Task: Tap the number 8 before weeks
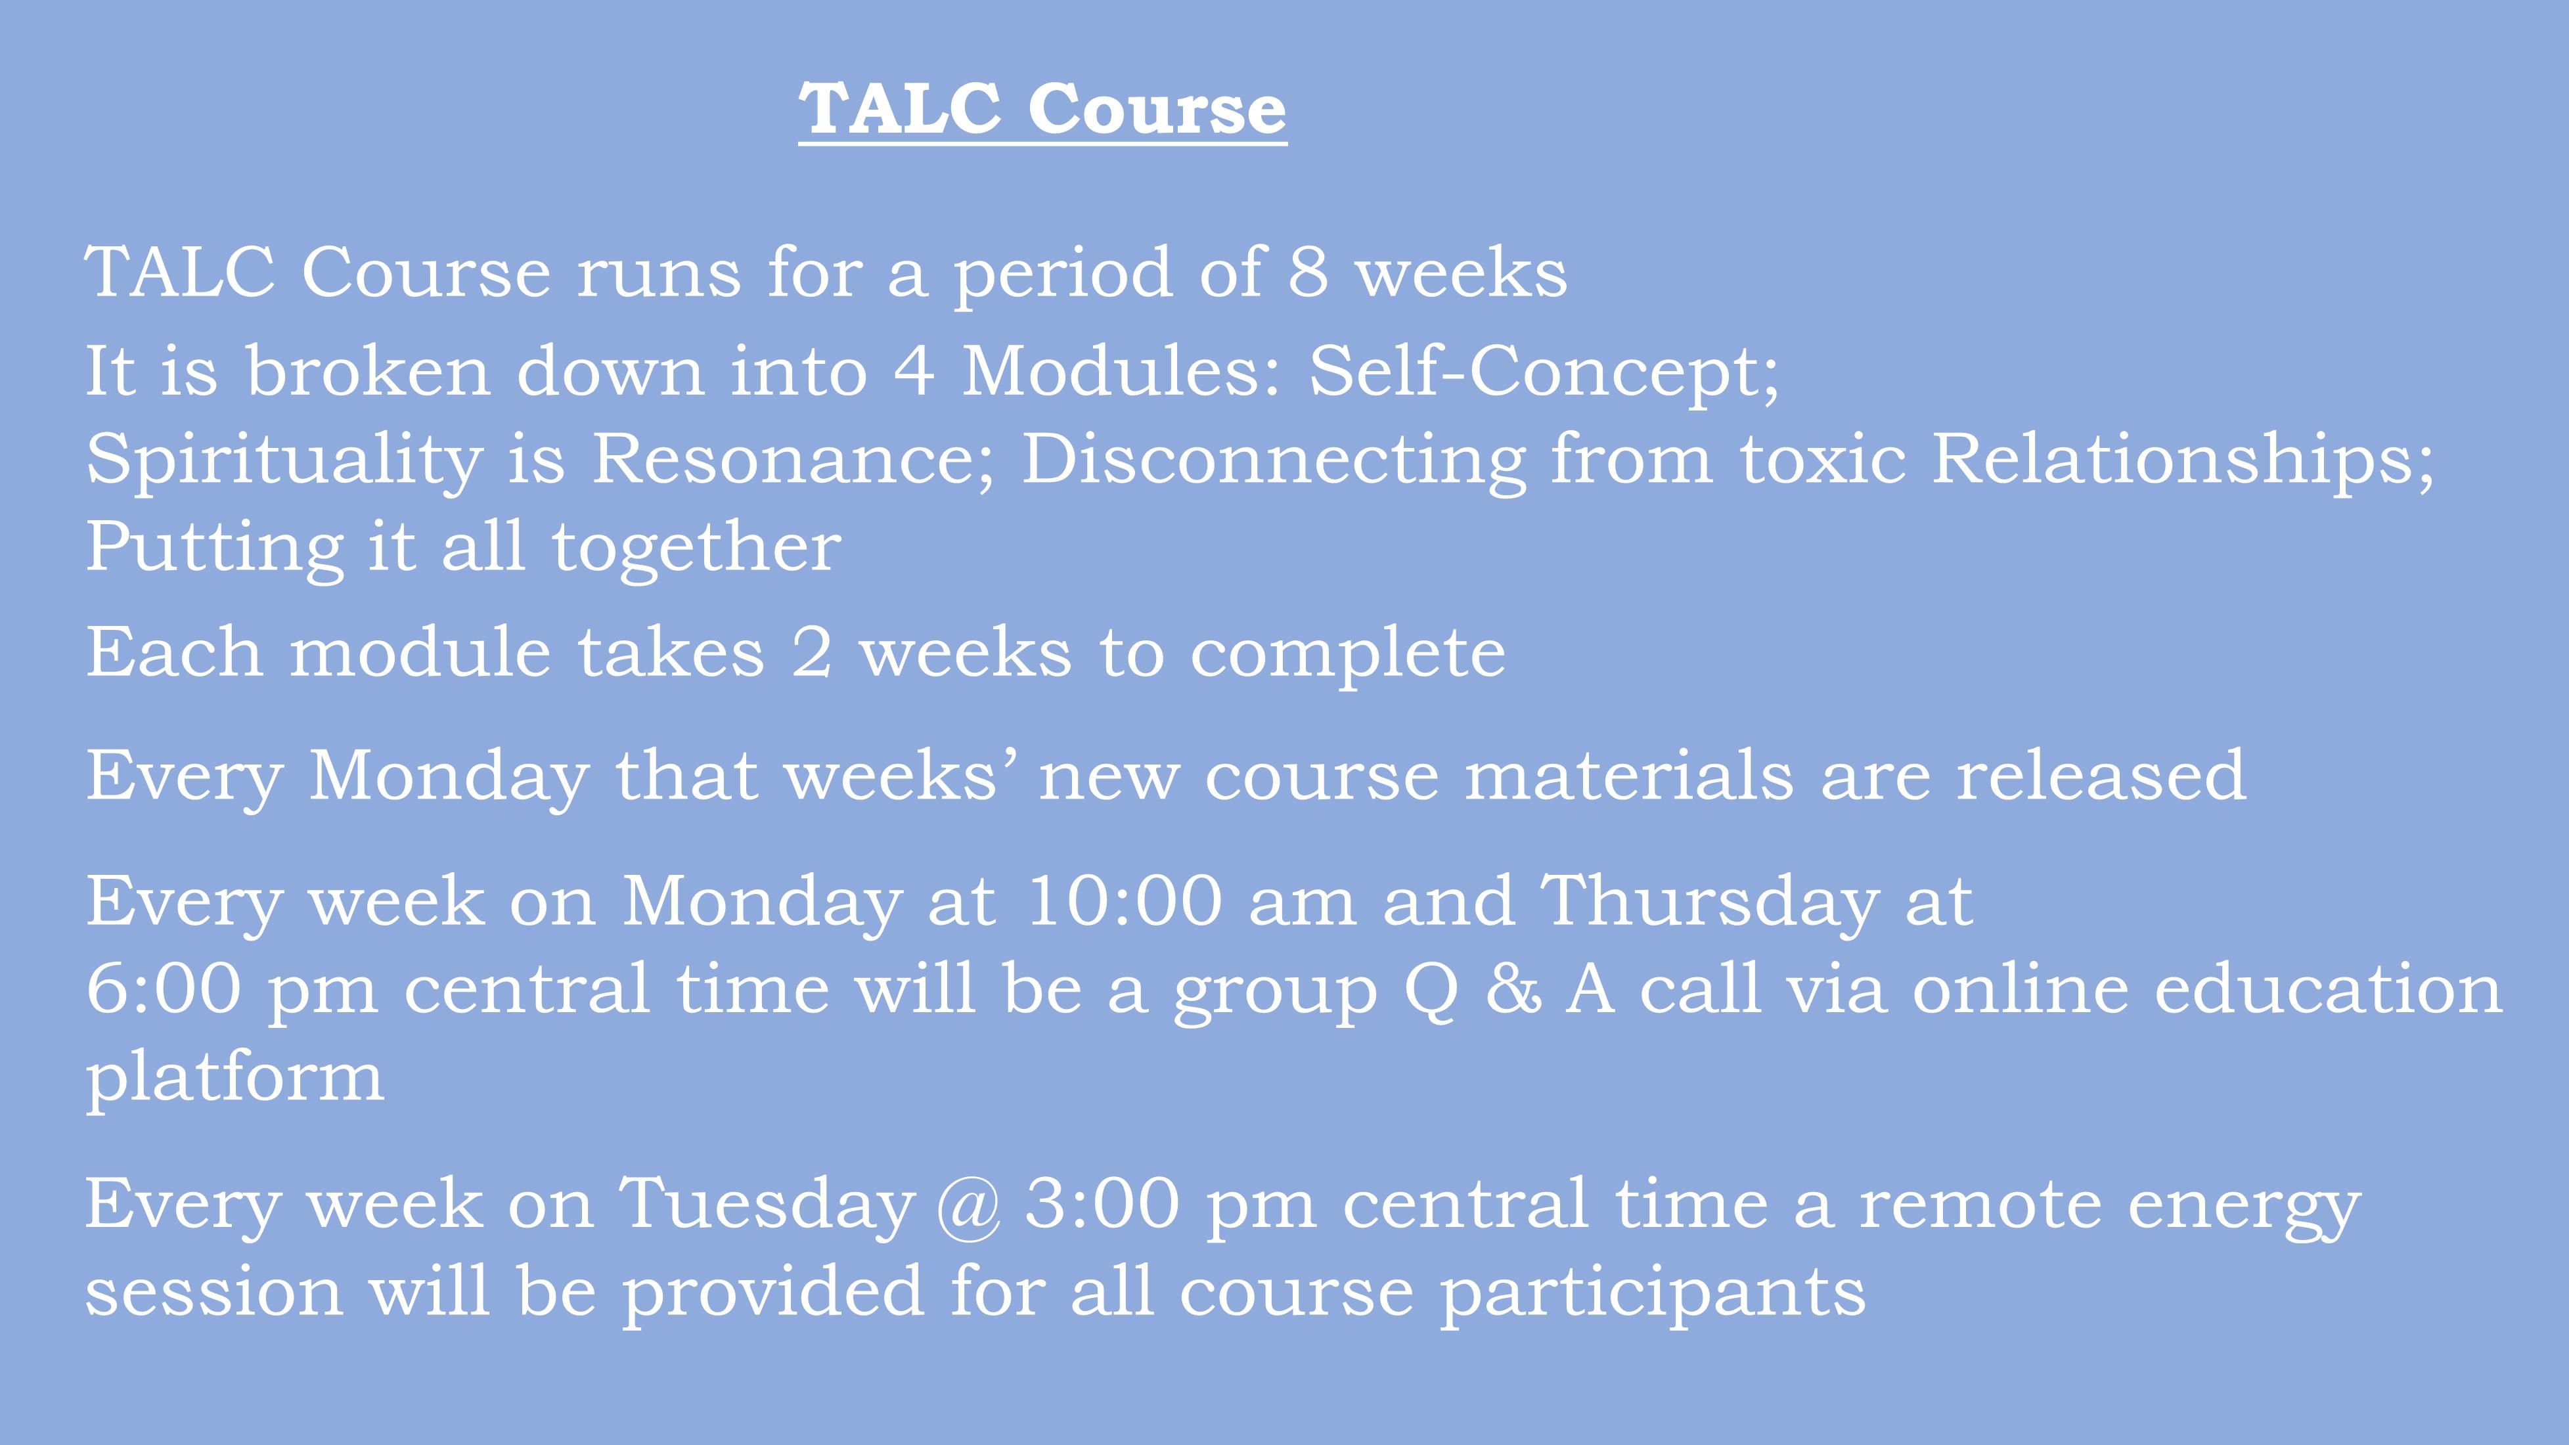click(x=1308, y=271)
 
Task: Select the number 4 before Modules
click(x=914, y=370)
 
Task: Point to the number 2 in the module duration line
click(x=812, y=653)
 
